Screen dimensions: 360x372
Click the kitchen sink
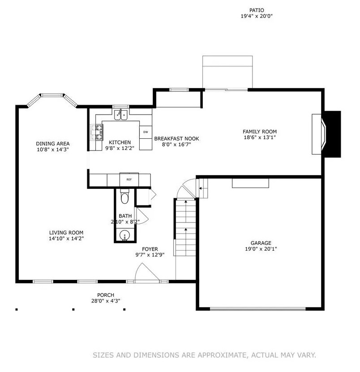[x=120, y=115]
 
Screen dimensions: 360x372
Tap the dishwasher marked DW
[x=146, y=132]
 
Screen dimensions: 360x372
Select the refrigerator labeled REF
[x=129, y=180]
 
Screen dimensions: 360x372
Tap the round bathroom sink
[x=124, y=235]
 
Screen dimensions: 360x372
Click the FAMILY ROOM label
[x=260, y=132]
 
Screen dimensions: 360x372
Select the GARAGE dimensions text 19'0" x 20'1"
[x=261, y=249]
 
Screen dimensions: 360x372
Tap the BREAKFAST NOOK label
[x=176, y=139]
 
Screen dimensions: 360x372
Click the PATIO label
[x=257, y=10]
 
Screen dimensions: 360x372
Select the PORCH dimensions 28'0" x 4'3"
[x=106, y=301]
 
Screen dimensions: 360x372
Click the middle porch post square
[x=73, y=309]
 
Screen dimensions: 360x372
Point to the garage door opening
[x=258, y=309]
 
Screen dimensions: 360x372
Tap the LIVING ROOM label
[x=66, y=232]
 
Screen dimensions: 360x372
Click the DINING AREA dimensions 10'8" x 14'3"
[x=53, y=150]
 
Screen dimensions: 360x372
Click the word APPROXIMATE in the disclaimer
[x=222, y=355]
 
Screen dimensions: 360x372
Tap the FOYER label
[x=150, y=249]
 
